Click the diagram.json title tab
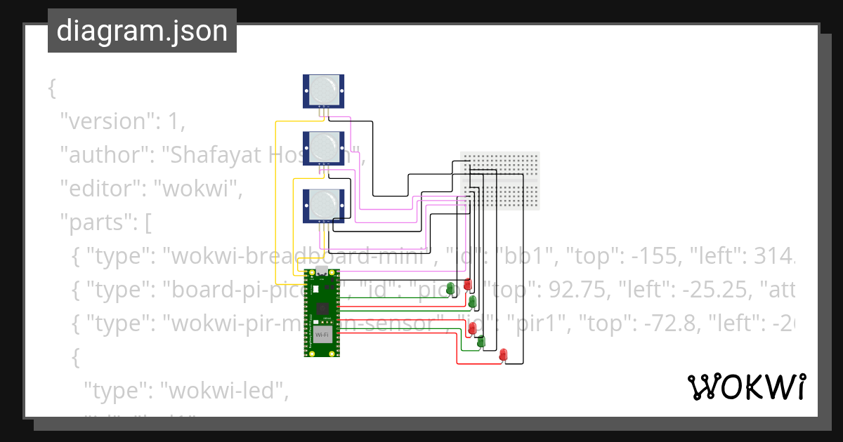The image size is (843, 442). pos(142,31)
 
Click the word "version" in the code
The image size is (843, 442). pos(106,121)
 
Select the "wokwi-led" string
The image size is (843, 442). pos(224,391)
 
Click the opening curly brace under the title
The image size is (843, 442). pos(51,88)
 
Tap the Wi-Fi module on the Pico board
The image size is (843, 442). pos(322,335)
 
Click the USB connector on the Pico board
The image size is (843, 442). pos(322,272)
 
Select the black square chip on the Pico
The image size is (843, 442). pos(322,309)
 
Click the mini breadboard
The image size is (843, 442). pos(500,180)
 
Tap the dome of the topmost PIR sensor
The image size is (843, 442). pos(323,89)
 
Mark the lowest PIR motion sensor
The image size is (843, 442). pos(323,206)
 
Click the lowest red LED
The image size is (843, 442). pos(503,356)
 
